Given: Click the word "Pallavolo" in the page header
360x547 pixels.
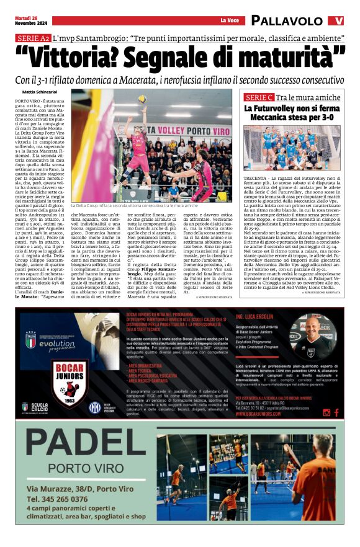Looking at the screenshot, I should [x=287, y=20].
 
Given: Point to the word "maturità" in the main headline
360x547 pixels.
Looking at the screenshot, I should [x=292, y=60].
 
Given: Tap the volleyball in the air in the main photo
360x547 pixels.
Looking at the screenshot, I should [x=142, y=99].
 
